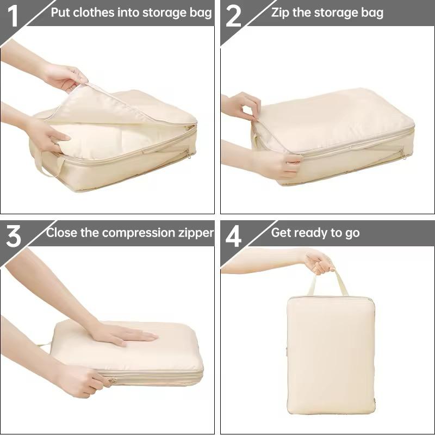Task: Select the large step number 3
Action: click(x=13, y=236)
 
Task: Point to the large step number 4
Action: click(x=233, y=236)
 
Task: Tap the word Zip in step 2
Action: click(x=280, y=13)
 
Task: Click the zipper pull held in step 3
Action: click(x=113, y=381)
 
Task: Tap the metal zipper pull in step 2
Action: click(x=403, y=154)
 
